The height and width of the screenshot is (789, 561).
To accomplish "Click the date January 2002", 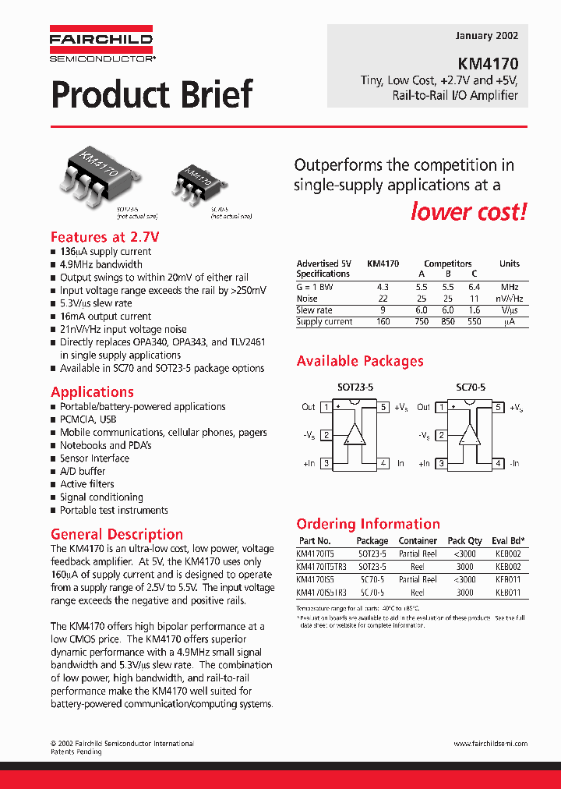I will (x=485, y=36).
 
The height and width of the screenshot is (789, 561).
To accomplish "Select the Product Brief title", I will (x=152, y=94).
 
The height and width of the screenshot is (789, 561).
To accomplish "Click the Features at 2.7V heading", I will (x=105, y=237).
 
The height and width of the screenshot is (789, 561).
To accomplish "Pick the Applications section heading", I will (x=92, y=392).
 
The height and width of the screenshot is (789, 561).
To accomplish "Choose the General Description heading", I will (x=117, y=535).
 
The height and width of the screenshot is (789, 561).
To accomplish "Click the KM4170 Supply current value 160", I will (x=383, y=322).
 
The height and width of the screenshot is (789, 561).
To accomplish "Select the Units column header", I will (x=509, y=264).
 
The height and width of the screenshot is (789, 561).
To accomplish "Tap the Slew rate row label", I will (x=314, y=310).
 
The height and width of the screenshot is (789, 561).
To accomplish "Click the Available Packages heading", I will (x=360, y=362).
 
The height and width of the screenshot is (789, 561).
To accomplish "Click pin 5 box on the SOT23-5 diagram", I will (x=383, y=407).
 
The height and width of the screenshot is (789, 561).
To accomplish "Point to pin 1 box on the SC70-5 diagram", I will (x=441, y=407).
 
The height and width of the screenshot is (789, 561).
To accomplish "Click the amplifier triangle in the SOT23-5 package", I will (x=355, y=433).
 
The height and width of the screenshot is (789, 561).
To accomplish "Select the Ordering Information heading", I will (x=369, y=524).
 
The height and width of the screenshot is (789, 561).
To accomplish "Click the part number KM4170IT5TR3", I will (x=322, y=567).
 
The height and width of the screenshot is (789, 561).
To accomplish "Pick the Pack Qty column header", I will (x=464, y=541).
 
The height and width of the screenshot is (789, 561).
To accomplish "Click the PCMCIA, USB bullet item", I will (x=88, y=419).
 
